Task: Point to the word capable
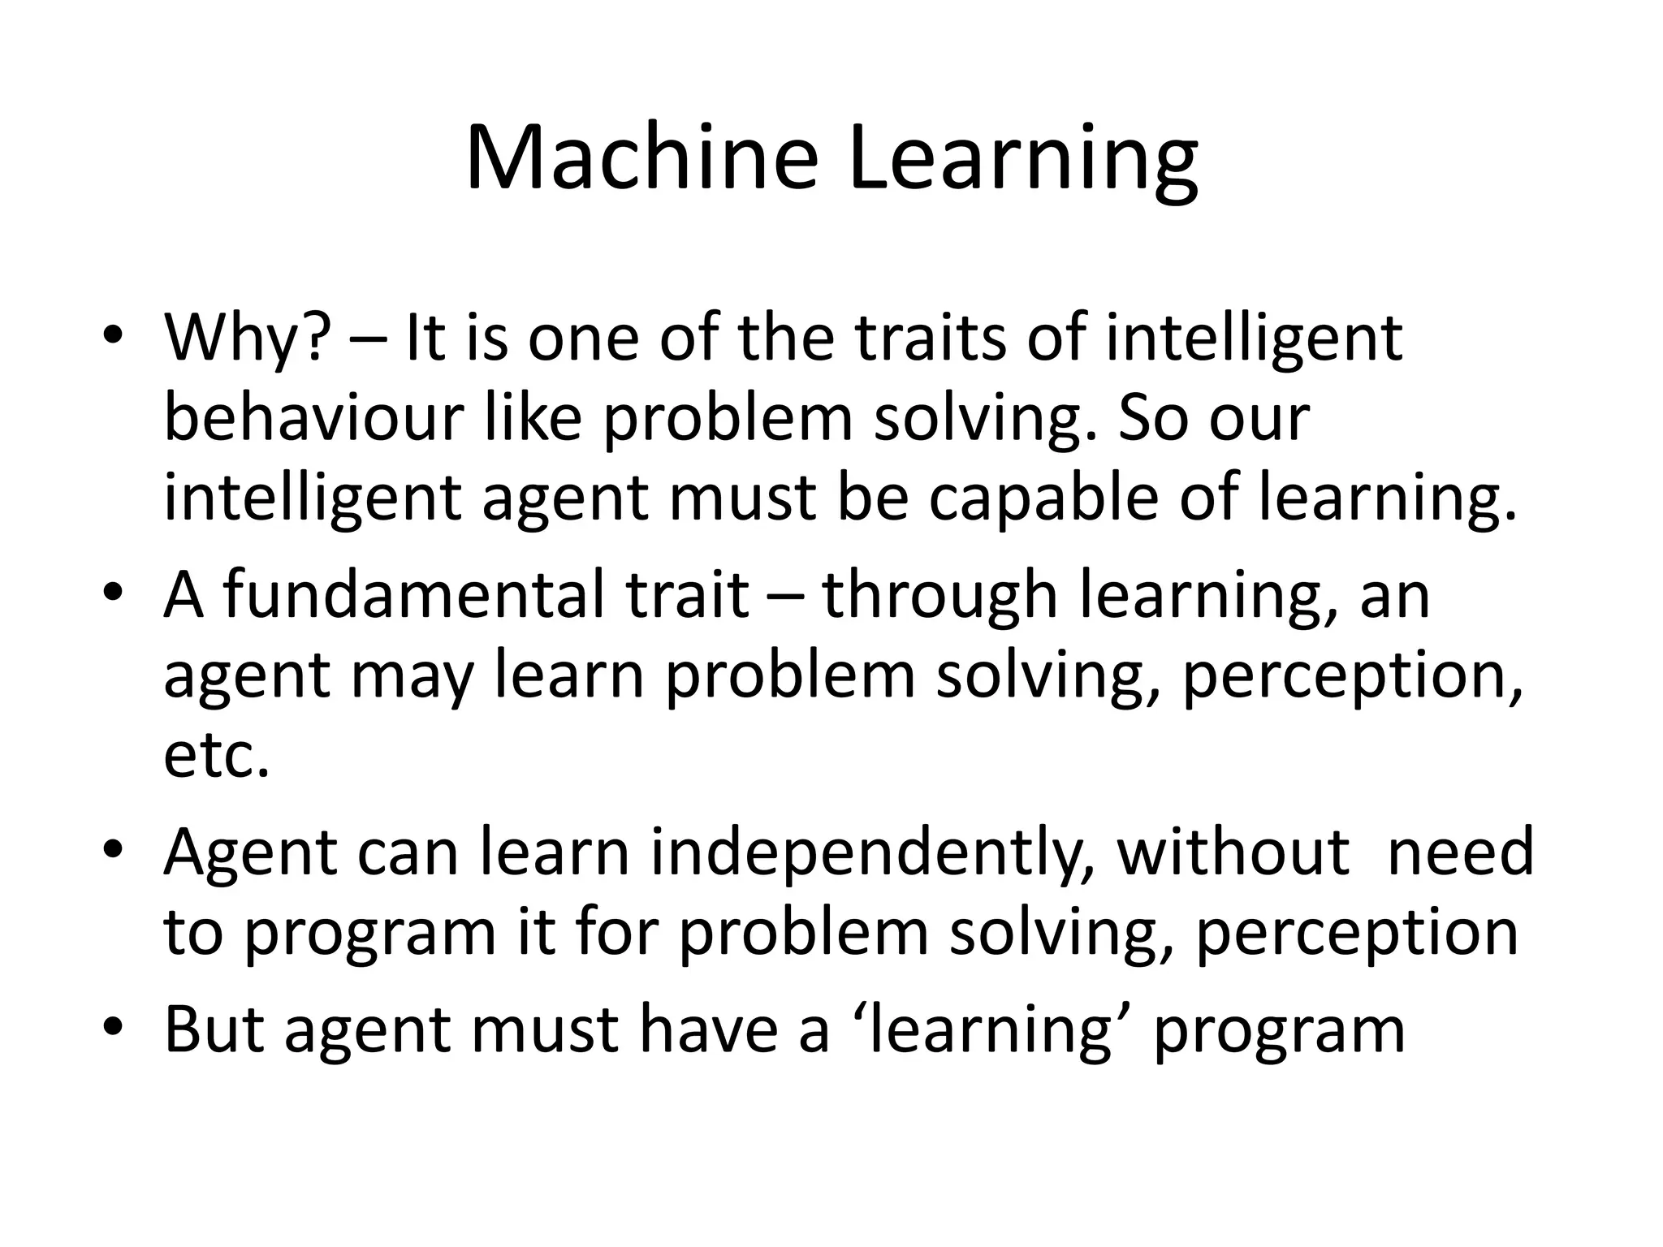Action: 1043,499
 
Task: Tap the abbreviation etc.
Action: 216,756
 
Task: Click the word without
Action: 1233,852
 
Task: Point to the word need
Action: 1461,852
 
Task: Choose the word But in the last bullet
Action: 215,1029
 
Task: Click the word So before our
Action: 1153,419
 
